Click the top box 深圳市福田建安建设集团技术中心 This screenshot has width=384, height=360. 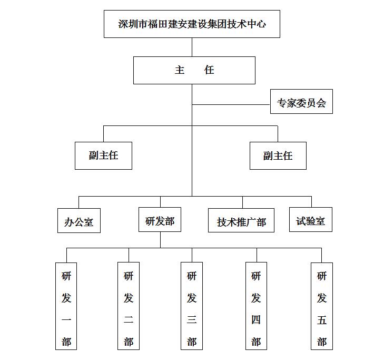point(192,24)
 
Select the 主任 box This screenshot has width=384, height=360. point(194,70)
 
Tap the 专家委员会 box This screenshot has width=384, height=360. point(301,101)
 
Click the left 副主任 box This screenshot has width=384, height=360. point(103,155)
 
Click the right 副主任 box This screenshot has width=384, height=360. point(278,155)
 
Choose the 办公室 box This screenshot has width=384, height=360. point(79,220)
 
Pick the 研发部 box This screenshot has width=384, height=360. point(160,220)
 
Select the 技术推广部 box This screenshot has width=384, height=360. point(241,220)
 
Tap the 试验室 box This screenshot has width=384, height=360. point(311,220)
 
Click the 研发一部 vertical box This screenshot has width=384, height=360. point(66,306)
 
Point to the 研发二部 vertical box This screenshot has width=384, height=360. point(129,306)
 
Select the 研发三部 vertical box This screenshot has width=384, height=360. point(192,306)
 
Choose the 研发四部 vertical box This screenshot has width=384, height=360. point(256,306)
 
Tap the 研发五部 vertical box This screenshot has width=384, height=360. point(322,306)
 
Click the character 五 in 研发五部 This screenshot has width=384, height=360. point(322,320)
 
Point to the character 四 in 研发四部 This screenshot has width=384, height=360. point(256,320)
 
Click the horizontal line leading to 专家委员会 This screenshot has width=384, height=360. point(231,105)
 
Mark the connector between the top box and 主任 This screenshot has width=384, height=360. point(192,47)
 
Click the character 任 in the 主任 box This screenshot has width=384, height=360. point(209,70)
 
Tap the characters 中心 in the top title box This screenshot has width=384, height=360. point(257,24)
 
